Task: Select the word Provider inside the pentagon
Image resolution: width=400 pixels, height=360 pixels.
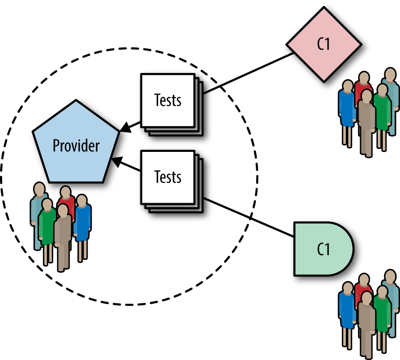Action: point(76,146)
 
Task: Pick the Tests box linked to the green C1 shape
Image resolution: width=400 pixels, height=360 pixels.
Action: point(167,177)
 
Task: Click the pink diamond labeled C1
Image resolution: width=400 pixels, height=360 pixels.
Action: point(323,44)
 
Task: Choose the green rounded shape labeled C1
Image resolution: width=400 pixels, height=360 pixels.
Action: point(323,249)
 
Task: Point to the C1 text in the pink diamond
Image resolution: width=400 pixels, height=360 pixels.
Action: point(323,44)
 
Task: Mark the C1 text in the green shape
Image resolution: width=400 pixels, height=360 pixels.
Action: point(323,250)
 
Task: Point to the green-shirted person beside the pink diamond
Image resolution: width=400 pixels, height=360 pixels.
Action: point(382,106)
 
